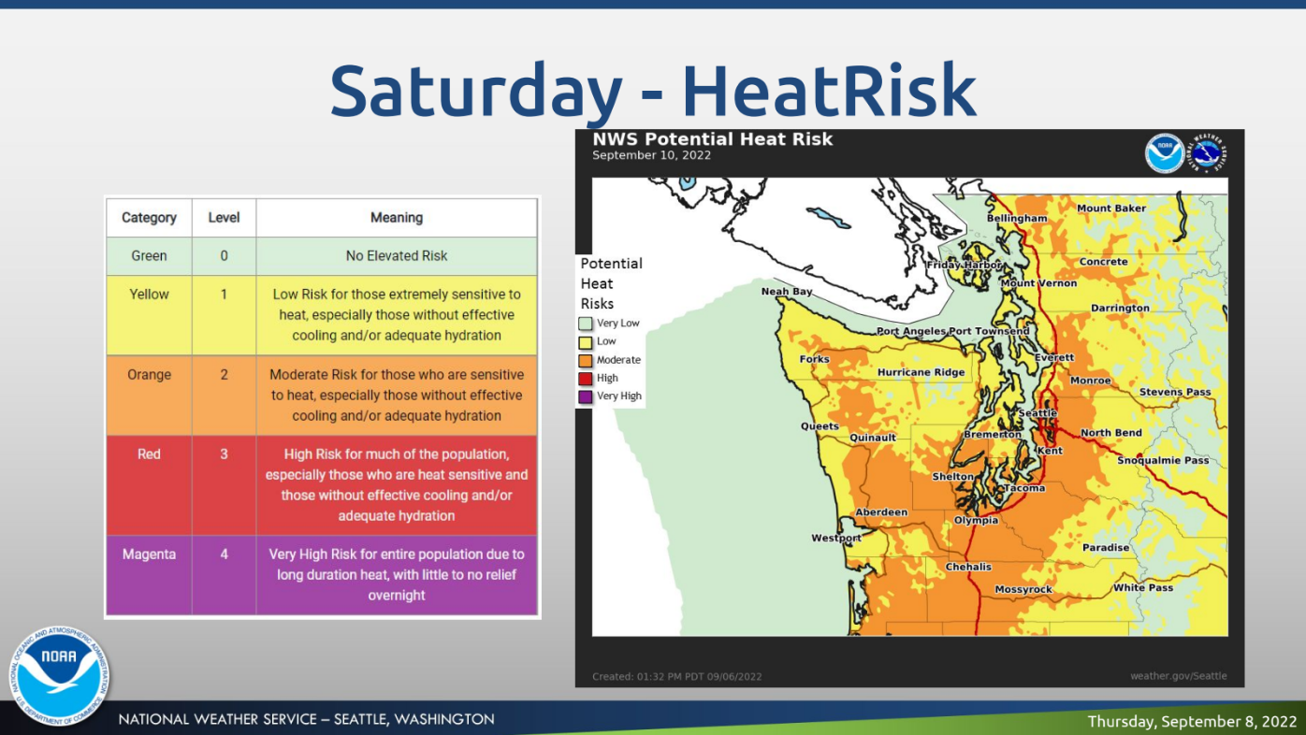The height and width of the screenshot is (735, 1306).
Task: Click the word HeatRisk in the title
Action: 829,91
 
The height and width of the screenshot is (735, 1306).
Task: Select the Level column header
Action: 224,217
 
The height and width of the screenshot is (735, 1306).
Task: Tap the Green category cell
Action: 149,256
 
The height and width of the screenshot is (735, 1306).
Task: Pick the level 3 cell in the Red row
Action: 224,485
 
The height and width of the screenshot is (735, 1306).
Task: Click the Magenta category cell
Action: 149,575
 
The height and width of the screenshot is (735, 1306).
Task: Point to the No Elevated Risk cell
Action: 397,256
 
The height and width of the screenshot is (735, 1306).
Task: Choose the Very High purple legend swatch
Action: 586,396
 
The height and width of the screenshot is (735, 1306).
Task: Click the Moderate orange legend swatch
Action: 586,361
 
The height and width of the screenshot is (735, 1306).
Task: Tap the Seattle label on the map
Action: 1038,412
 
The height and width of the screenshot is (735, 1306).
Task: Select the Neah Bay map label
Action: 787,292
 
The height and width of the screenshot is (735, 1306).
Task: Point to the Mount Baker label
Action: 1111,209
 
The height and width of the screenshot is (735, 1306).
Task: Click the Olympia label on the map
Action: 976,520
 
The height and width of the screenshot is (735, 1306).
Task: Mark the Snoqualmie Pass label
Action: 1163,460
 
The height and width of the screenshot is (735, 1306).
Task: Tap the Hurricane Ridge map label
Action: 921,372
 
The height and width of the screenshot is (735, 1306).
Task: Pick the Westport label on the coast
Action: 836,538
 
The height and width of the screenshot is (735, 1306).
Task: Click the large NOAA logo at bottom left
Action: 59,676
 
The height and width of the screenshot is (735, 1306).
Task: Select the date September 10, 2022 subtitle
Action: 651,155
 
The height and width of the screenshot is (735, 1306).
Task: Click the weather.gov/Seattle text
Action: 1179,676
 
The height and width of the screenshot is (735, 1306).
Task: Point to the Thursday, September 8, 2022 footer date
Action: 1192,722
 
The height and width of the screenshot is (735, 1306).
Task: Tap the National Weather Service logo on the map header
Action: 1208,152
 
